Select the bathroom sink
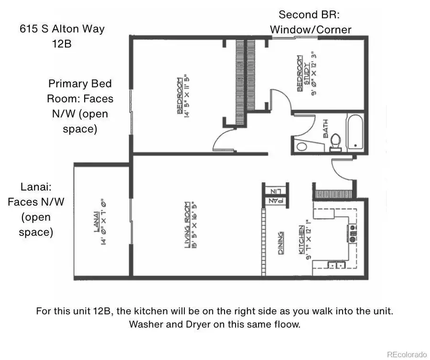pos(301,146)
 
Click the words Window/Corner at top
pos(311,30)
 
